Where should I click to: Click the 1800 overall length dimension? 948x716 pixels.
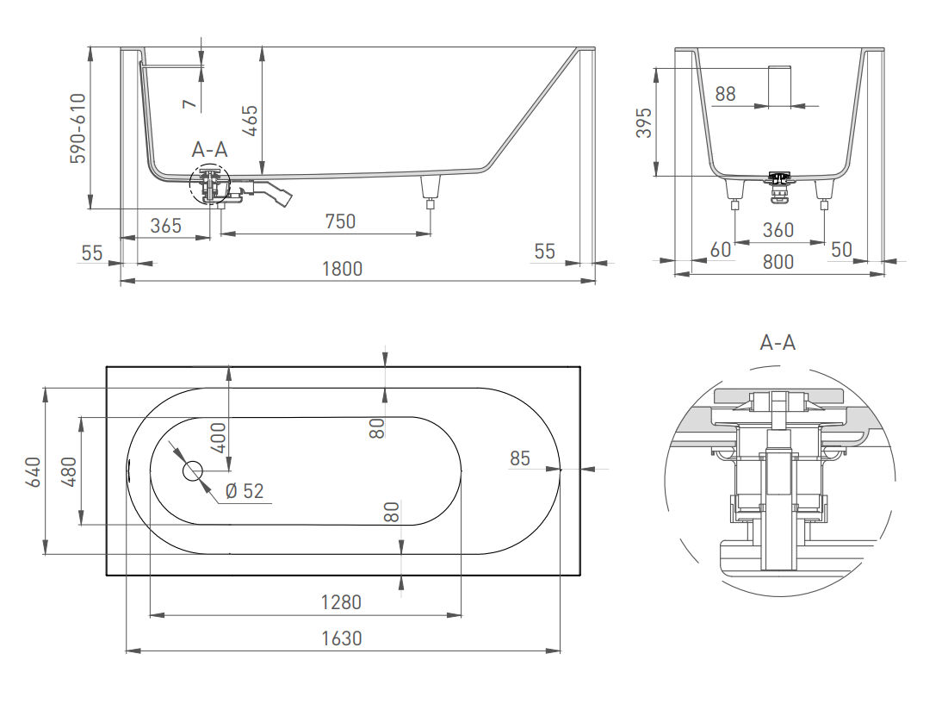coord(342,269)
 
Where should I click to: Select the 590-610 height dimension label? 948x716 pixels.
coord(78,128)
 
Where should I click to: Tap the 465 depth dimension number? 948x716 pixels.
coord(250,121)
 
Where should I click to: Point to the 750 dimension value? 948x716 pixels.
coord(340,221)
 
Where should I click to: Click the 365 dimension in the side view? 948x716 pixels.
coord(165,226)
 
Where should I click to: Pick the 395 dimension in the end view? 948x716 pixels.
coord(645,123)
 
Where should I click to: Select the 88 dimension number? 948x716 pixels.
coord(726,94)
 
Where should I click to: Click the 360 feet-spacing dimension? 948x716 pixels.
coord(778,230)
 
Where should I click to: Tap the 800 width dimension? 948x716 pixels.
coord(778,262)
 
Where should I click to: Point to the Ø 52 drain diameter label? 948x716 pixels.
coord(245,491)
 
